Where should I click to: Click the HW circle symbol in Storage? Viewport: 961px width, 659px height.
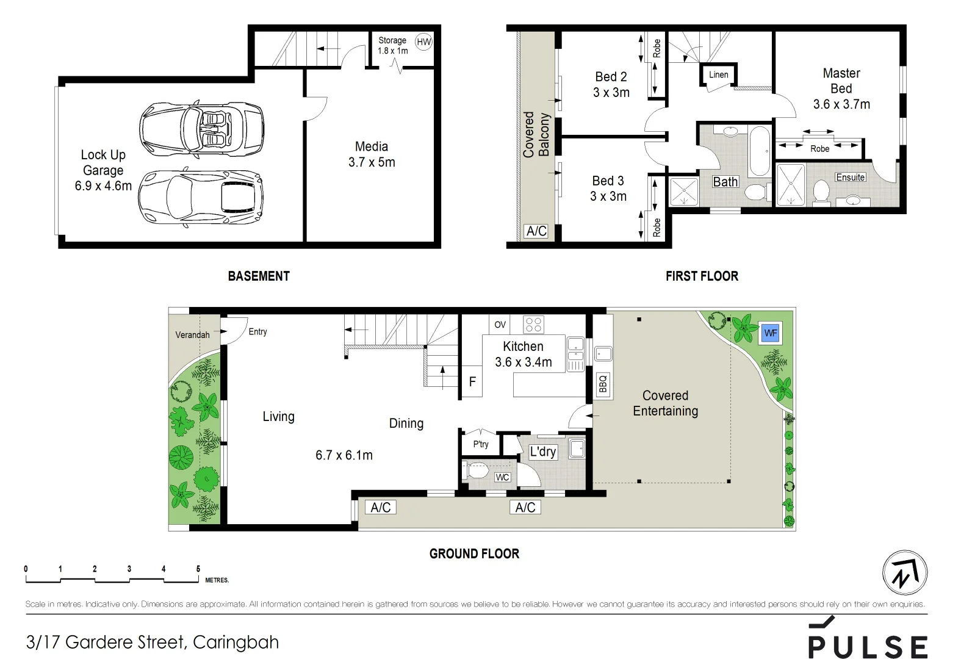[423, 42]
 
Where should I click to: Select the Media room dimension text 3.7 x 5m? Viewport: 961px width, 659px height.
[372, 162]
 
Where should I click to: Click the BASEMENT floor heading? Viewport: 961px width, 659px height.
[259, 276]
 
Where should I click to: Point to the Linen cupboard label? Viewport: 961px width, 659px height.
[718, 74]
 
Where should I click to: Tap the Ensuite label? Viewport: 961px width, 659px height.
[850, 177]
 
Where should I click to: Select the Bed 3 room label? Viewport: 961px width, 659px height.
[608, 181]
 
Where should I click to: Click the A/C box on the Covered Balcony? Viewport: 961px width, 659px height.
[536, 231]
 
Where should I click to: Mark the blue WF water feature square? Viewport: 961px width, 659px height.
[771, 333]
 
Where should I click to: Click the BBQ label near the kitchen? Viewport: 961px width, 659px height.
[603, 384]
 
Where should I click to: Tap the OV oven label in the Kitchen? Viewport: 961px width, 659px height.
[500, 325]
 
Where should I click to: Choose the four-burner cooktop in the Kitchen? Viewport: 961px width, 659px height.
[534, 324]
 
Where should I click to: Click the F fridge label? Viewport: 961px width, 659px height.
[472, 382]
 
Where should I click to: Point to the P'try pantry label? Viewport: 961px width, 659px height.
[481, 444]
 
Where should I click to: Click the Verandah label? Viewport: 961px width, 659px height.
[192, 334]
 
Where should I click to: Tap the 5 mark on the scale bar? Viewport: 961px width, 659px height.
[198, 569]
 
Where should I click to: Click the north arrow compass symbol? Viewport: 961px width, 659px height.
[905, 573]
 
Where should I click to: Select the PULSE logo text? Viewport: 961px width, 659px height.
[868, 646]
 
